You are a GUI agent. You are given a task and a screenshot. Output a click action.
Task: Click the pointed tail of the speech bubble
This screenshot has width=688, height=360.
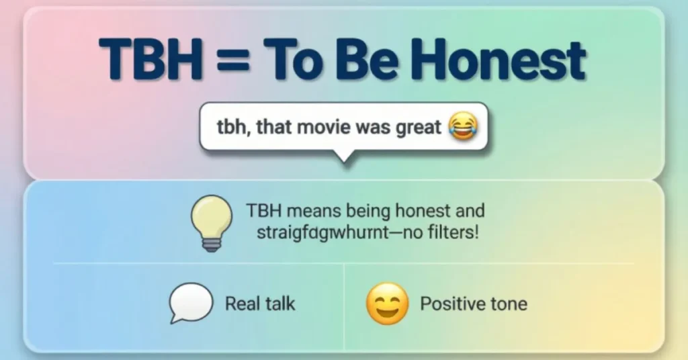(x=343, y=157)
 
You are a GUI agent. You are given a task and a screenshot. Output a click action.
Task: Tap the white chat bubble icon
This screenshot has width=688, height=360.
(x=190, y=303)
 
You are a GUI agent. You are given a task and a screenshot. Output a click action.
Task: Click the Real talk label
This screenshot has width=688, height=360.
(x=260, y=304)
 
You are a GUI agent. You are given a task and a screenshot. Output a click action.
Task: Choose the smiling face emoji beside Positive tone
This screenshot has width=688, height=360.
(x=387, y=303)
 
